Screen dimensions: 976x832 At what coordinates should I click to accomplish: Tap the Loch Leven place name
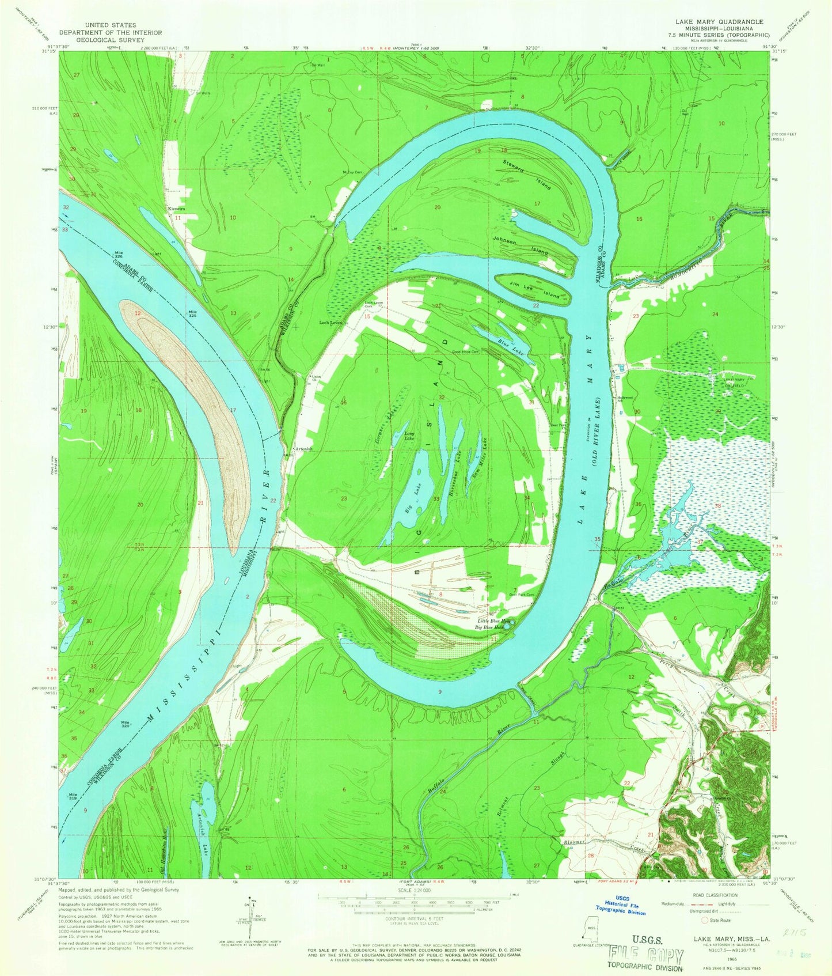click(x=330, y=323)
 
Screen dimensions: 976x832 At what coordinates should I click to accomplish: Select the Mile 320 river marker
click(x=125, y=724)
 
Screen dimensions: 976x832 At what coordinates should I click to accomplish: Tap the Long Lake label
click(x=409, y=436)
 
